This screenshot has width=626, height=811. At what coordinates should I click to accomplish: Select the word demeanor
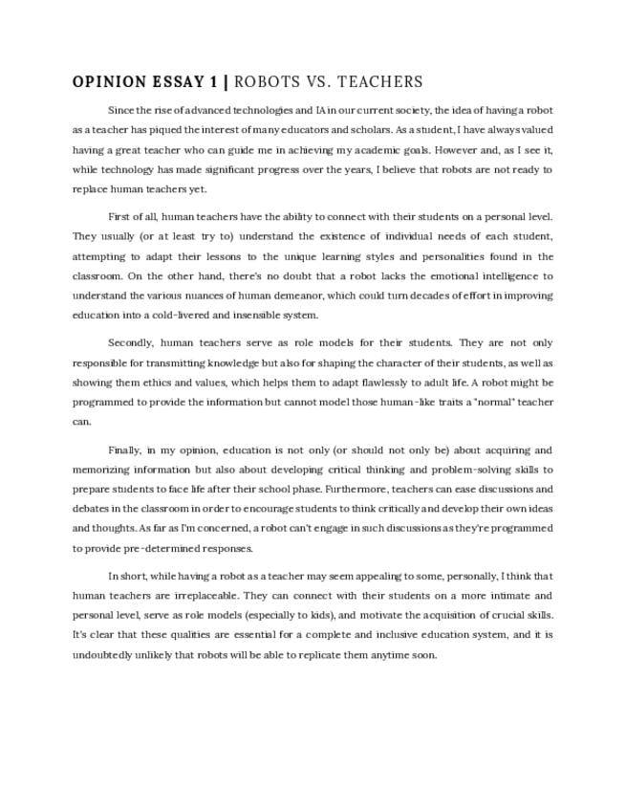tap(323, 295)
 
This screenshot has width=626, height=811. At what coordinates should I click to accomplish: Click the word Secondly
tap(131, 342)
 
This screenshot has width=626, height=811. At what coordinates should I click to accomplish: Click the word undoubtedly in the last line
tap(104, 654)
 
